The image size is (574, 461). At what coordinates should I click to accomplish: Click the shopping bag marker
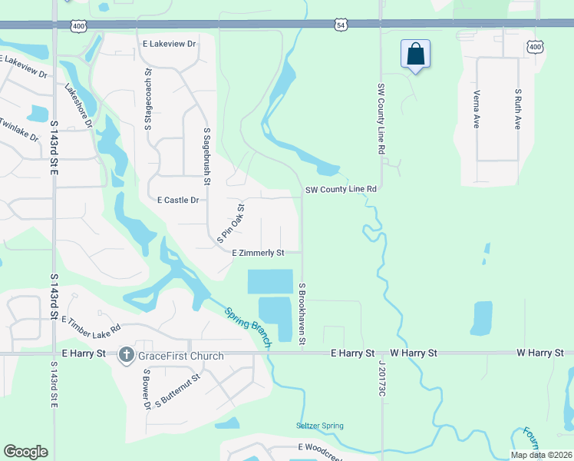[x=415, y=55]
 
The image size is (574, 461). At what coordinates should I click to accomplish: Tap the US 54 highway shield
[x=341, y=25]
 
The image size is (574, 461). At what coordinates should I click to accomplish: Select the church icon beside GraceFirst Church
[x=127, y=355]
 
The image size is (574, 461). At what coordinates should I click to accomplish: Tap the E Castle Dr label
[x=178, y=200]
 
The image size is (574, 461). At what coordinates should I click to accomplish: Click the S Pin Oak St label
[x=230, y=224]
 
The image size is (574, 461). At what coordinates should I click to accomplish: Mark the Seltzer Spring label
[x=320, y=426]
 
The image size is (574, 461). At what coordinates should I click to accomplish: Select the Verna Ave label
[x=477, y=108]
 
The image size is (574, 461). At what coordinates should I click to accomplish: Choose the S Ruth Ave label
[x=519, y=108]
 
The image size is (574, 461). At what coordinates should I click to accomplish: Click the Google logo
[x=25, y=452]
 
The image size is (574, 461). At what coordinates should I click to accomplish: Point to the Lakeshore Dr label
[x=78, y=104]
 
